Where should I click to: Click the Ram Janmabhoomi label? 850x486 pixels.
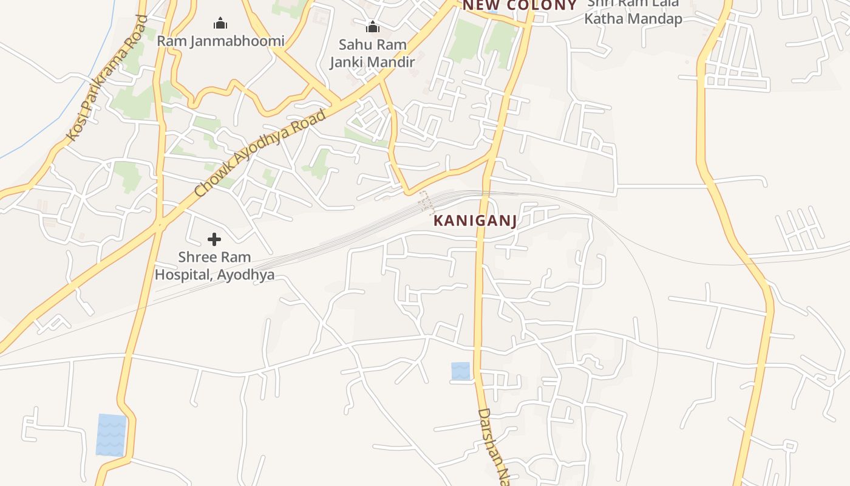coord(220,41)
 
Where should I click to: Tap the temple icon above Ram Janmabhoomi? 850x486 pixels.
coord(220,24)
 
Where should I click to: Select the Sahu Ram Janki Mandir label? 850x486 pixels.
coord(372,53)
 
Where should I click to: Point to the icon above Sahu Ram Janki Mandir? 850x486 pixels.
coord(372,27)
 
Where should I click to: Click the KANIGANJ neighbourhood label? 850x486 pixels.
coord(475,221)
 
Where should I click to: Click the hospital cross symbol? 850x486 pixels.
coord(214,239)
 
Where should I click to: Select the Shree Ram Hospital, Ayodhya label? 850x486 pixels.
coord(214,266)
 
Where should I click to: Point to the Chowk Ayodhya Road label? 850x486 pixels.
coord(261,153)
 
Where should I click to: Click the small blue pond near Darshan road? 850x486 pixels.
coord(460,371)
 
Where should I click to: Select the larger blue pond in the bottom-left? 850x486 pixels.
coord(111,434)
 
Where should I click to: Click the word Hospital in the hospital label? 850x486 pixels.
coord(181,275)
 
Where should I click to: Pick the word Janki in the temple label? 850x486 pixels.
coord(348,62)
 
